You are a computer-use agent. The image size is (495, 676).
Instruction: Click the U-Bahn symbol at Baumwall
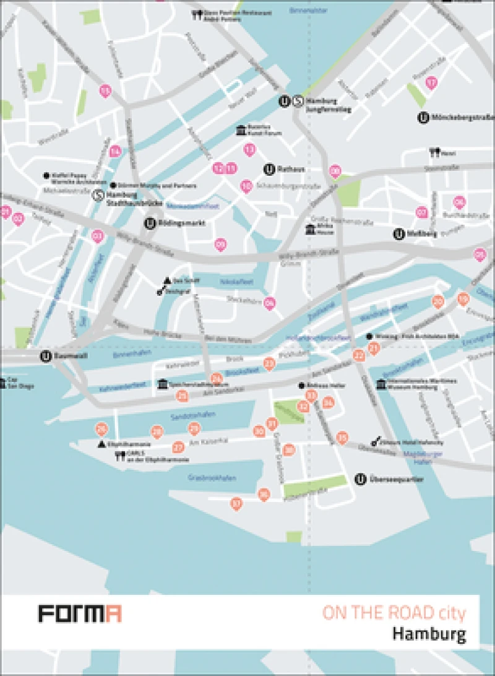point(45,356)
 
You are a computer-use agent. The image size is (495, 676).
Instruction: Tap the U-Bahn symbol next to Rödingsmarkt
point(150,223)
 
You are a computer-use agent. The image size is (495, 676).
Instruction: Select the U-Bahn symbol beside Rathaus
point(269,168)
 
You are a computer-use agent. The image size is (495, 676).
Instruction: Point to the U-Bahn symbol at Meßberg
point(400,233)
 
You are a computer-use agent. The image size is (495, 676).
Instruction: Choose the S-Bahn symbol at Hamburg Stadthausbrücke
point(98,196)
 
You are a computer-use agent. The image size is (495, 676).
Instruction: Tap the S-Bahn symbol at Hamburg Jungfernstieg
point(298,101)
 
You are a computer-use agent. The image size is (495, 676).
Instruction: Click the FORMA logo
point(80,614)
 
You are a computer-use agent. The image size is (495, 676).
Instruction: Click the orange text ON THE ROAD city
point(393,613)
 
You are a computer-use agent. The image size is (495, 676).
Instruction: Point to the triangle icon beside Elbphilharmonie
point(101,444)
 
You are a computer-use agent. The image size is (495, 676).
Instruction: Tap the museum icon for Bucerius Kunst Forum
point(240,130)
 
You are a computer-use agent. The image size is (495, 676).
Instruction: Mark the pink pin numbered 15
point(106,92)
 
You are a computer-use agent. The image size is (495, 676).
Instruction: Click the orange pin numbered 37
point(235,504)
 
